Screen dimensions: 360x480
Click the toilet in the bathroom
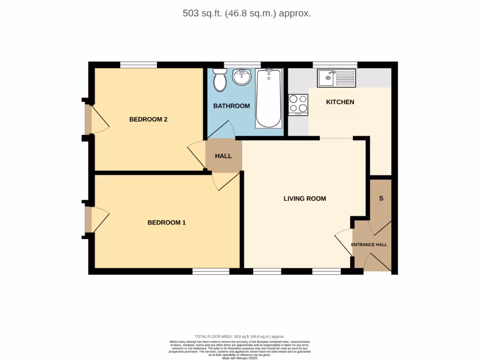point(219,81)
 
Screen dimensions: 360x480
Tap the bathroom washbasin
point(242,77)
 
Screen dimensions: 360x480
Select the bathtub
point(269,98)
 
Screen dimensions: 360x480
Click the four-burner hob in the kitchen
point(298,105)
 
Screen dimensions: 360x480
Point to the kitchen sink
point(337,78)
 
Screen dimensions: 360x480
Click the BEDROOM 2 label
point(148,120)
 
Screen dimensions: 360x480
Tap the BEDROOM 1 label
point(166,223)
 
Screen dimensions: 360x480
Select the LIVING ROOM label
point(305,199)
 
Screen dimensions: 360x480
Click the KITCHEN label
point(340,102)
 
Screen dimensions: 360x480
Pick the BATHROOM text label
point(231,106)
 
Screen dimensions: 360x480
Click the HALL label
point(223,156)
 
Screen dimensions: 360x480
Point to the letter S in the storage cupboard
point(381,198)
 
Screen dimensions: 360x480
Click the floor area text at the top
point(247,13)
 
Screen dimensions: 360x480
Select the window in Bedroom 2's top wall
point(138,65)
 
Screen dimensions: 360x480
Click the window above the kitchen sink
point(335,65)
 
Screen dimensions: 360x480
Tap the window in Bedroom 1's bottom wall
point(210,271)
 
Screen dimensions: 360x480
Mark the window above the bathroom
point(242,65)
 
